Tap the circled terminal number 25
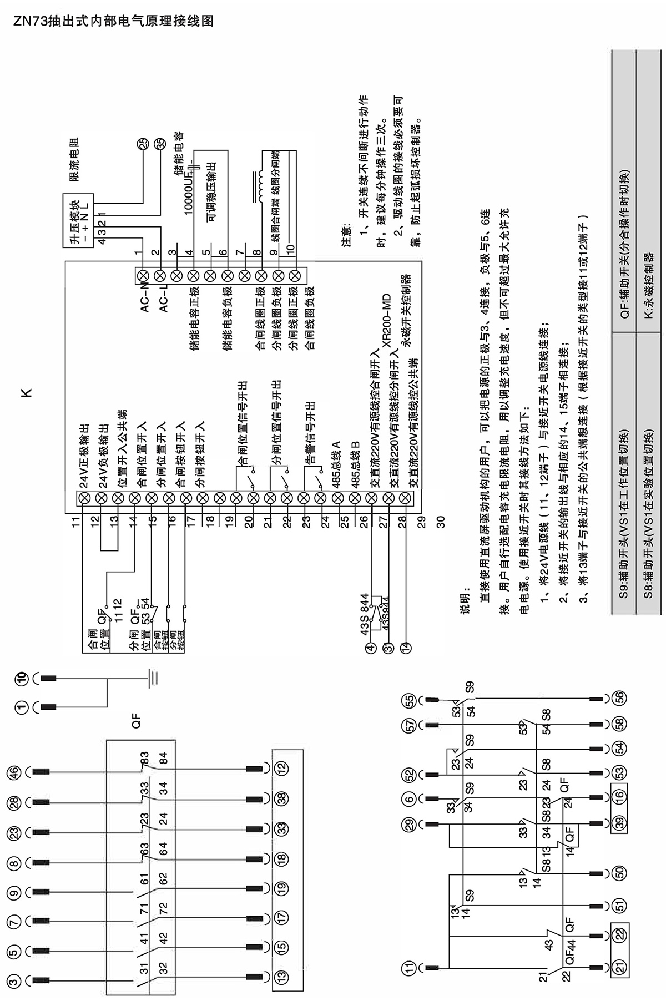click(143, 144)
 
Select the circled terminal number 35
click(160, 144)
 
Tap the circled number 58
click(619, 725)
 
